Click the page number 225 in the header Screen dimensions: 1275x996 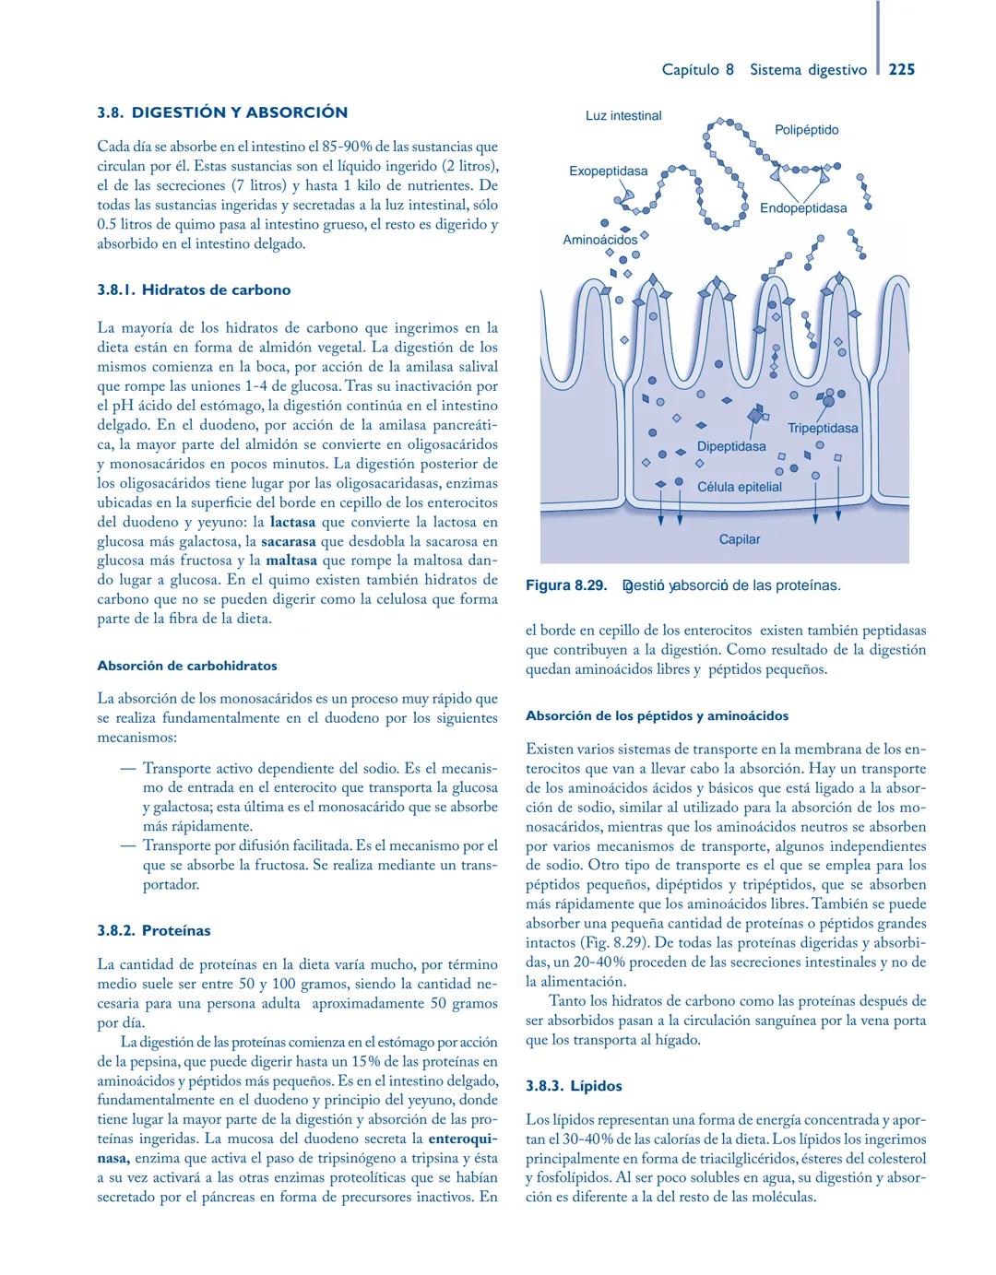click(x=901, y=69)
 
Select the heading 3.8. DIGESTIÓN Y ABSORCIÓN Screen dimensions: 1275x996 click(x=222, y=112)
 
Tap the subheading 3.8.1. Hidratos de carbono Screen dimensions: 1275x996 click(x=194, y=289)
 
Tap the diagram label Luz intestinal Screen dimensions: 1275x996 click(x=623, y=116)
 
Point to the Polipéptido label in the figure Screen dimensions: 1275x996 click(x=806, y=130)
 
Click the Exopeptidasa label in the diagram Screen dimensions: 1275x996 click(x=608, y=171)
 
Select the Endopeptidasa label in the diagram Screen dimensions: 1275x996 click(x=802, y=208)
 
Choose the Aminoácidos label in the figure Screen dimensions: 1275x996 click(x=599, y=240)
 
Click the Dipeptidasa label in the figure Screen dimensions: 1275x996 click(x=730, y=446)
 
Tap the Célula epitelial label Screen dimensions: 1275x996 click(x=739, y=487)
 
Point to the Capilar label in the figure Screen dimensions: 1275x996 click(x=740, y=539)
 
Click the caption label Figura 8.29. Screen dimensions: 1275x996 click(x=565, y=585)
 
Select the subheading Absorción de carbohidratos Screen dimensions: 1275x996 click(x=187, y=665)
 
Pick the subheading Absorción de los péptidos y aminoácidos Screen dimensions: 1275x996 click(x=657, y=714)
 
